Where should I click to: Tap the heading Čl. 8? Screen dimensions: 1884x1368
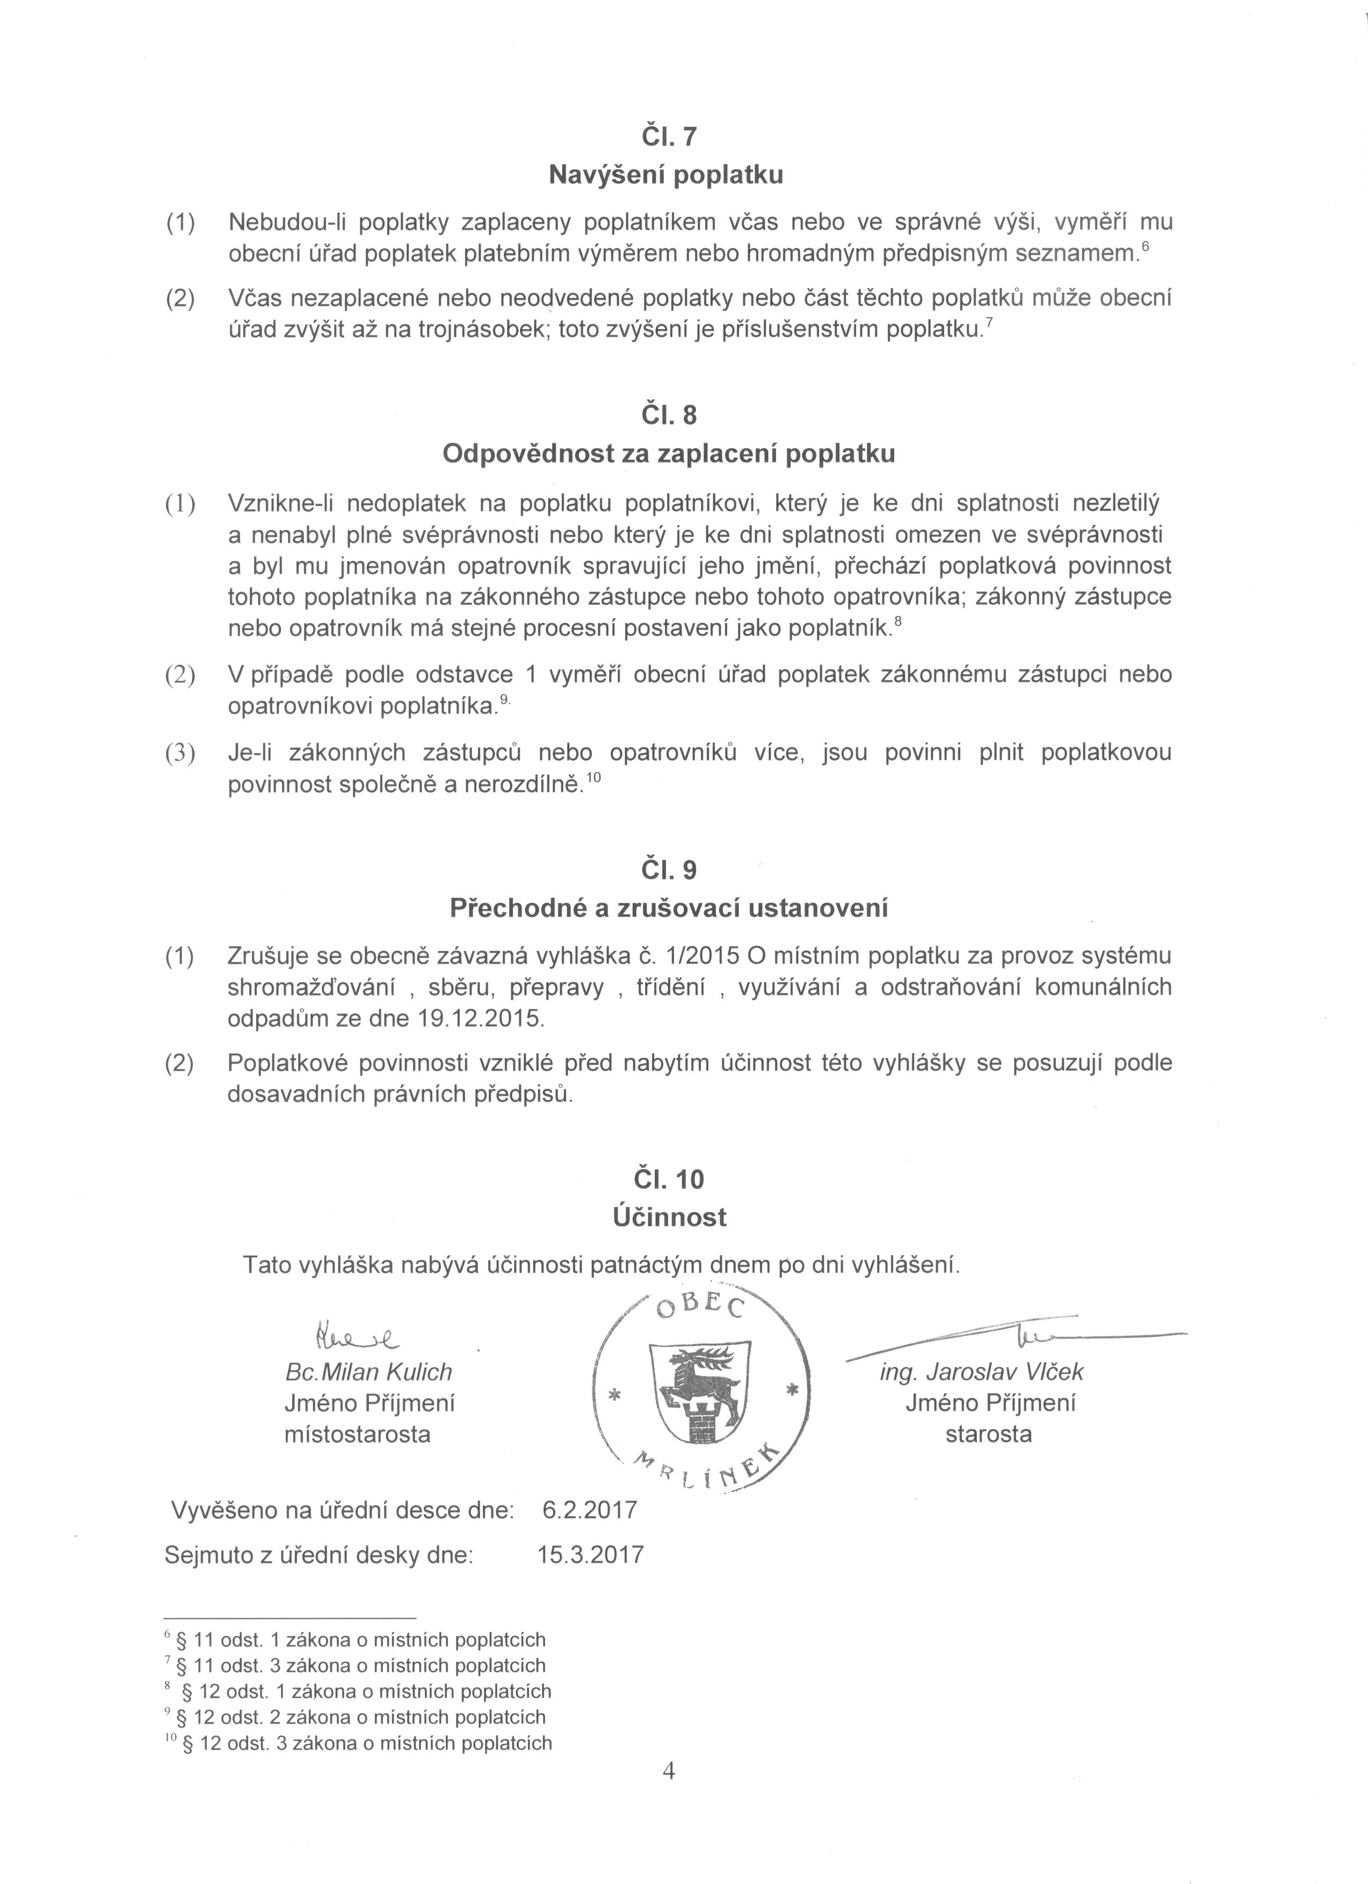668,415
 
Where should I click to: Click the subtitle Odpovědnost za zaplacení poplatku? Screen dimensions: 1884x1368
669,453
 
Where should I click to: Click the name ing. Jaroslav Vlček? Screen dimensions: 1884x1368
982,1372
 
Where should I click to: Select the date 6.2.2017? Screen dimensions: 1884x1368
589,1510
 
